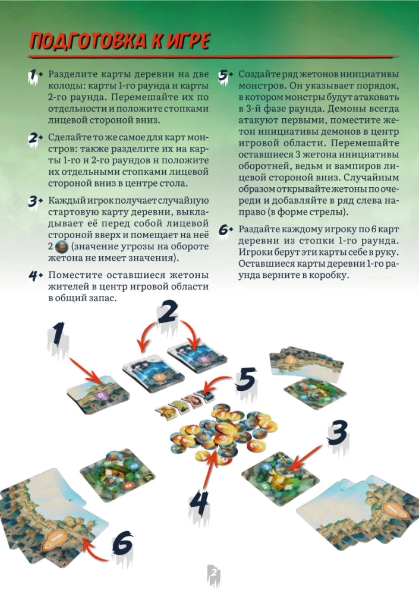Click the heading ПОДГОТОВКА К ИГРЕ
tap(119, 42)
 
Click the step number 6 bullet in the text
tap(226, 229)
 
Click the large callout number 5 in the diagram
tap(245, 380)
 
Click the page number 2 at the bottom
tap(214, 573)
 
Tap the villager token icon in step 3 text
tap(61, 247)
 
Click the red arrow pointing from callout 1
tap(87, 371)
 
